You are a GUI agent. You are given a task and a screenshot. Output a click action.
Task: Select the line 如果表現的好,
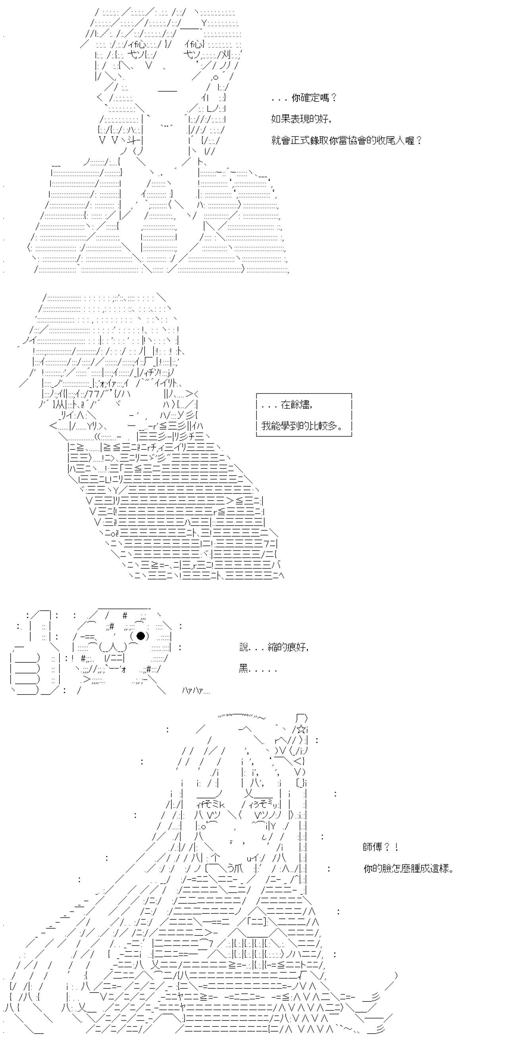pos(302,119)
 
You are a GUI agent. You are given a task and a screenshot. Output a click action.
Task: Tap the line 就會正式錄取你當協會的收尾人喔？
pos(347,141)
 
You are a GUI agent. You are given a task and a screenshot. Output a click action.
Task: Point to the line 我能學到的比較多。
pos(302,426)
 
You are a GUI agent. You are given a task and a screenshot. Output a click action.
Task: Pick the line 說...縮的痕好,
pos(274,648)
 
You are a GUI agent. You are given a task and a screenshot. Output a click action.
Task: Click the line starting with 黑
pos(258,669)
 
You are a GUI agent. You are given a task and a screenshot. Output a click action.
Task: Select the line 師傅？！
pos(381,848)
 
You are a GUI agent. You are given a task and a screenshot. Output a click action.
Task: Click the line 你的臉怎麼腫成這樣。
pos(408,869)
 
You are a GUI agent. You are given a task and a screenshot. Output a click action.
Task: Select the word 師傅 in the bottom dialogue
pos(372,848)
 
